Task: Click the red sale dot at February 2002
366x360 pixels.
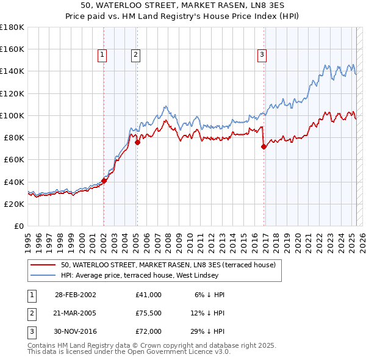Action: [104, 181]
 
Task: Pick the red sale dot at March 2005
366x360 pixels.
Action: [137, 142]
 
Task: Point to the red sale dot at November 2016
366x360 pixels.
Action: [264, 146]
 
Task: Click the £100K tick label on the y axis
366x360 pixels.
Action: [12, 115]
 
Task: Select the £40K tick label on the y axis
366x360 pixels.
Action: [14, 182]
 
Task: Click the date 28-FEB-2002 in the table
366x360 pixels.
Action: [76, 294]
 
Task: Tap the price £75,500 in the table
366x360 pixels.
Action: [149, 312]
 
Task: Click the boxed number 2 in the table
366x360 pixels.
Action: [30, 312]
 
